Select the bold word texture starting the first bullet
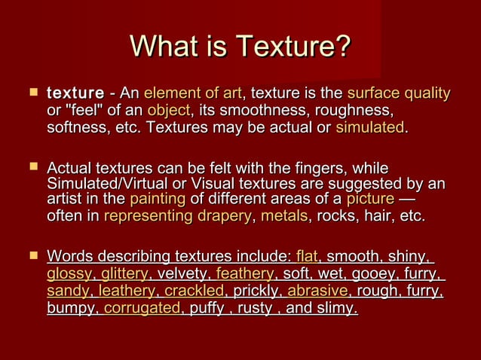75,94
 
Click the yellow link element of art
192,94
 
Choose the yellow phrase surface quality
398,94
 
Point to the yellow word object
168,111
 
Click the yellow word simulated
369,127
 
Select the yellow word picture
369,200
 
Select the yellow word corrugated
142,307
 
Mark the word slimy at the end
339,307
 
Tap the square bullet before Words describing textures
32,256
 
